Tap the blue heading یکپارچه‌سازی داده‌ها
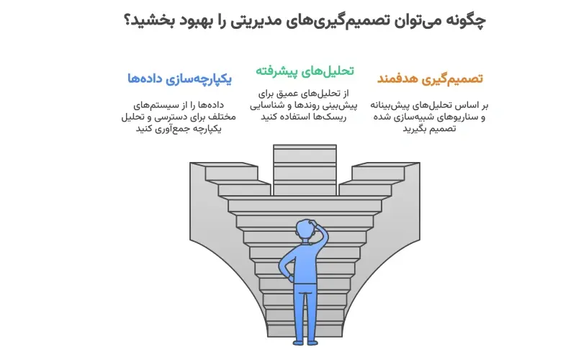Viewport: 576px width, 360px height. click(179, 78)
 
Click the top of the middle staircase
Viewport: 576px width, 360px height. click(305, 148)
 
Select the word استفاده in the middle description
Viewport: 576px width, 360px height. click(295, 116)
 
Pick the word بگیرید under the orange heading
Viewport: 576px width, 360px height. click(413, 129)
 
